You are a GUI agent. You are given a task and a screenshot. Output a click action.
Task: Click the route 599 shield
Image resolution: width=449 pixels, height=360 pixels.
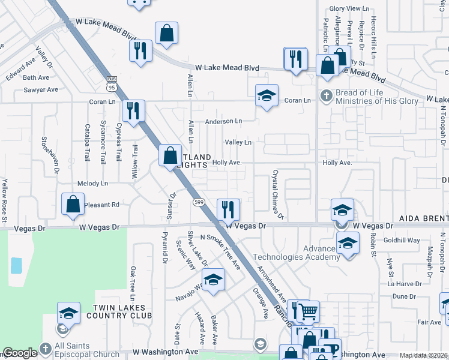click(x=197, y=203)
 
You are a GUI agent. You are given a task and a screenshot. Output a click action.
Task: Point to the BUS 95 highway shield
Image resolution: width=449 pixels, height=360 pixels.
click(x=111, y=83)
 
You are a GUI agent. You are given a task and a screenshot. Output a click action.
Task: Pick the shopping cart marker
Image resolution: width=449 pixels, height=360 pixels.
click(x=308, y=311)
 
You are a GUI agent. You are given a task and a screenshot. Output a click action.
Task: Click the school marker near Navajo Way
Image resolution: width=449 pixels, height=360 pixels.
click(x=213, y=280)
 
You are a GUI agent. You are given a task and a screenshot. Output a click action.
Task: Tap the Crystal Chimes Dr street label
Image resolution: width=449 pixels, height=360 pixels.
click(x=277, y=193)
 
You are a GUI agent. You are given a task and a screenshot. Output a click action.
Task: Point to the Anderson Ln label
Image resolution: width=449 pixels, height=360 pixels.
click(x=223, y=121)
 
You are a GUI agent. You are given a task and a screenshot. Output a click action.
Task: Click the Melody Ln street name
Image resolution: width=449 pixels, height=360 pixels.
click(x=92, y=183)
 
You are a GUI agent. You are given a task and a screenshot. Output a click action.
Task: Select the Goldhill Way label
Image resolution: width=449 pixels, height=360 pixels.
click(x=402, y=240)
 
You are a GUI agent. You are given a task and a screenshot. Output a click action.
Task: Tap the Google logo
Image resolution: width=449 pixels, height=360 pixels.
click(x=20, y=353)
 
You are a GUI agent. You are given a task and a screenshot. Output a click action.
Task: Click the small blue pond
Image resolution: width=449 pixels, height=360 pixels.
click(x=16, y=266)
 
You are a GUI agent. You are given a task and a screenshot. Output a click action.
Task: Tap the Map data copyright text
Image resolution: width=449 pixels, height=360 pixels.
click(x=423, y=355)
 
